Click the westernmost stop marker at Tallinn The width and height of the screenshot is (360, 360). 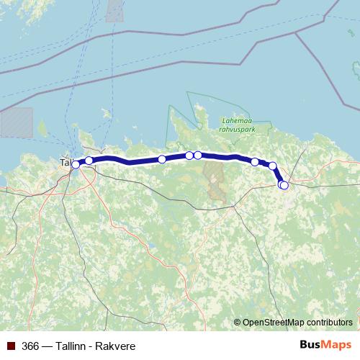point(76,165)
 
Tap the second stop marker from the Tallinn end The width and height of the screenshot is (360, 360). point(89,161)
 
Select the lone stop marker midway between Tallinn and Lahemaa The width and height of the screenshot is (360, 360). point(162,159)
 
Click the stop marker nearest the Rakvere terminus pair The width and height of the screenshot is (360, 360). point(273,166)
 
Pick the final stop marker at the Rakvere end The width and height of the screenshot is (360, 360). point(284,186)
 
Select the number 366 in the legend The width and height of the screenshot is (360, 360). point(31,346)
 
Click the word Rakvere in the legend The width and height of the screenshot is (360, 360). point(115,346)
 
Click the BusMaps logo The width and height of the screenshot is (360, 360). point(325,345)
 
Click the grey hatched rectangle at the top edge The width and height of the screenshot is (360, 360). point(115,10)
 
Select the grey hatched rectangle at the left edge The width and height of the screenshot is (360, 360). point(16,122)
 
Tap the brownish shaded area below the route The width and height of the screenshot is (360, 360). point(215,180)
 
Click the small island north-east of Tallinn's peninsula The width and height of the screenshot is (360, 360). point(106,113)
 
